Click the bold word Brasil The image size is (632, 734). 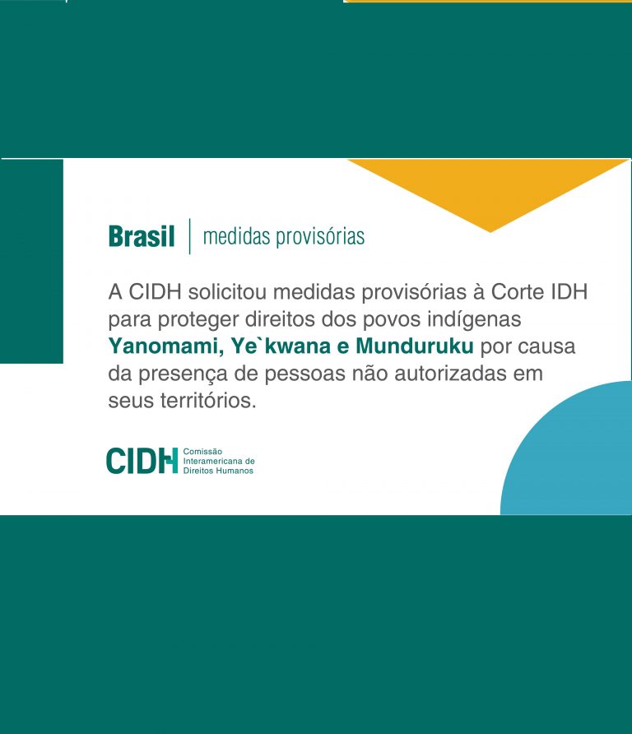coord(142,236)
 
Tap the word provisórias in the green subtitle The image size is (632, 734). coord(320,237)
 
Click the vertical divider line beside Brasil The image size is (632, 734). coord(189,236)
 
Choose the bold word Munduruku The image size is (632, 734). coord(415,346)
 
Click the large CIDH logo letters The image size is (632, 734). coord(142,461)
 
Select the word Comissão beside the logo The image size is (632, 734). coord(202,452)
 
